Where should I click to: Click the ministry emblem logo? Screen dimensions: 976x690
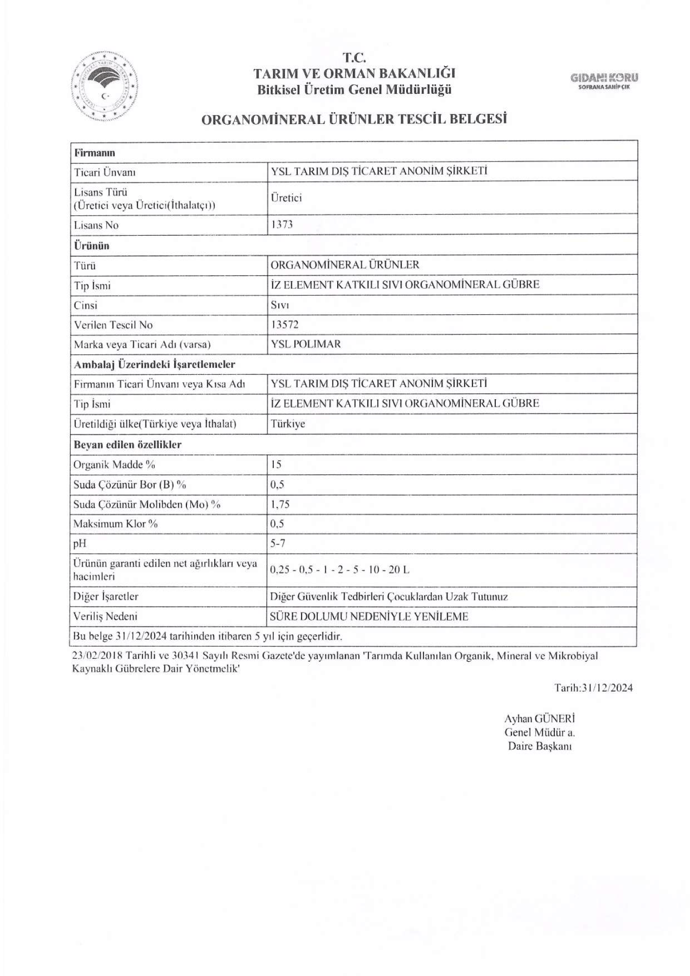(x=104, y=86)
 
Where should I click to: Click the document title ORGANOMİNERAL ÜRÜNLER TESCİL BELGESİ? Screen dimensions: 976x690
(x=354, y=120)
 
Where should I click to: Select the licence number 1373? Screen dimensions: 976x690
(x=282, y=224)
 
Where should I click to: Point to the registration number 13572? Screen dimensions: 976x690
(x=284, y=325)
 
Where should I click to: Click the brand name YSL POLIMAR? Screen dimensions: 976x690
(x=305, y=344)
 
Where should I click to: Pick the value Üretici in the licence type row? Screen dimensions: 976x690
(x=286, y=198)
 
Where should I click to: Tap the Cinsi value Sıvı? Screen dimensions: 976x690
(x=280, y=305)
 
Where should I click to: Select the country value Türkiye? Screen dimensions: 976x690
(x=288, y=424)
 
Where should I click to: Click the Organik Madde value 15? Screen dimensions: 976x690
(x=276, y=464)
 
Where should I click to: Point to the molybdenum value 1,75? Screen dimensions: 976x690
(x=280, y=504)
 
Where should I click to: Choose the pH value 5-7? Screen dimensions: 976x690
(x=278, y=543)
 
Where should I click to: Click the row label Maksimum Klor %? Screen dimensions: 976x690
(x=116, y=524)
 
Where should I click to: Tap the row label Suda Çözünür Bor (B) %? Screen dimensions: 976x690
(x=130, y=485)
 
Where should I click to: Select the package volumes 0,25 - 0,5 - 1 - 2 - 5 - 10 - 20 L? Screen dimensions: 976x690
(x=340, y=569)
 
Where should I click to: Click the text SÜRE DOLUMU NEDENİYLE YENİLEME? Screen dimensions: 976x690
(x=369, y=616)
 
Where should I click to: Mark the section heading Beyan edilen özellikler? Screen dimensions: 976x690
(x=127, y=445)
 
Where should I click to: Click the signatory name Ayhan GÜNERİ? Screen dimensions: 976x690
(x=539, y=719)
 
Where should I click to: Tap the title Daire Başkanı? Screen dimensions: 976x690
(x=540, y=746)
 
